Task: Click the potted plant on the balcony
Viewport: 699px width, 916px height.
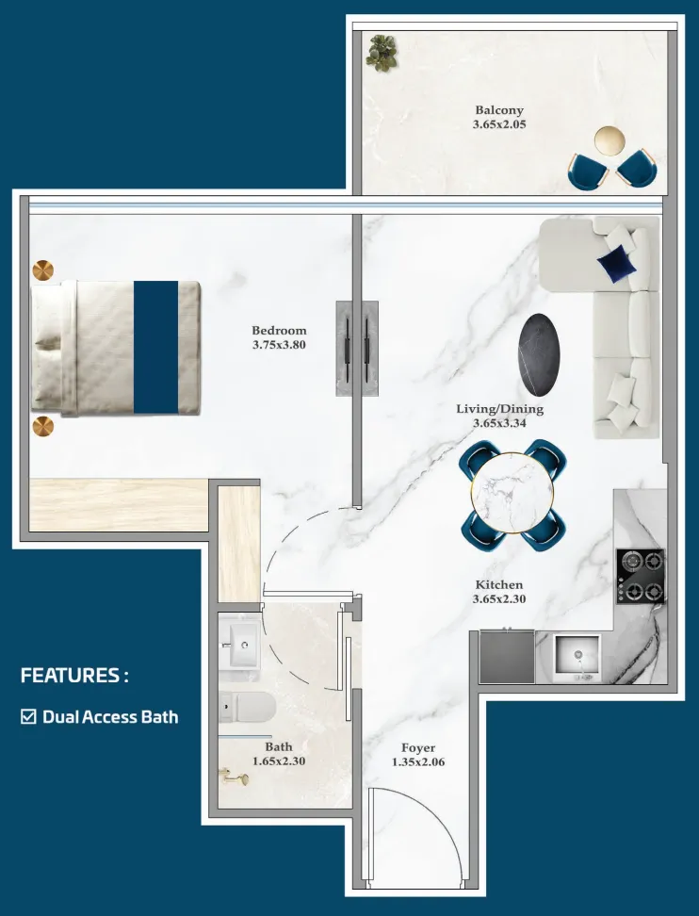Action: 382,53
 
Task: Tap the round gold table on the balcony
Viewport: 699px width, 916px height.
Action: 610,140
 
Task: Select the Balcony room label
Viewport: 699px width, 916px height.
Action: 499,110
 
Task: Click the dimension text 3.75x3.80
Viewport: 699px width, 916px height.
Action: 279,345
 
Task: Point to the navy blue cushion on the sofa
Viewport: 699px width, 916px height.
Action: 617,264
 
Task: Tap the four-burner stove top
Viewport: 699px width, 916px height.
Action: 641,576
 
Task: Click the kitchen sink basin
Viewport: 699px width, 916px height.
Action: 577,657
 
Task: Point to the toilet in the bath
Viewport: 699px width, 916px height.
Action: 247,707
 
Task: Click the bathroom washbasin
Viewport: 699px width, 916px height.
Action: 240,645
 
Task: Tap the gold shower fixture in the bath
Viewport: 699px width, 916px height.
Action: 235,777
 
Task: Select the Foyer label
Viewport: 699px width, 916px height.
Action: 418,747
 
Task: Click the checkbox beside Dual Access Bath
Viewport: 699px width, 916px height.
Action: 28,717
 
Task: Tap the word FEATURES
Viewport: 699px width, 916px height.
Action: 70,676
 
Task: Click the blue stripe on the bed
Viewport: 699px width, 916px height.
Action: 156,348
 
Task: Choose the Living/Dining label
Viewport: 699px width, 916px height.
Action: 500,409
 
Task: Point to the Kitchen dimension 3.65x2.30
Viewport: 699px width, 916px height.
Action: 499,598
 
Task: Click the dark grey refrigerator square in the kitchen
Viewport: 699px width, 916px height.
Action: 507,657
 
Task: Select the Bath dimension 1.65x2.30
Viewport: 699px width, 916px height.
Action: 279,761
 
